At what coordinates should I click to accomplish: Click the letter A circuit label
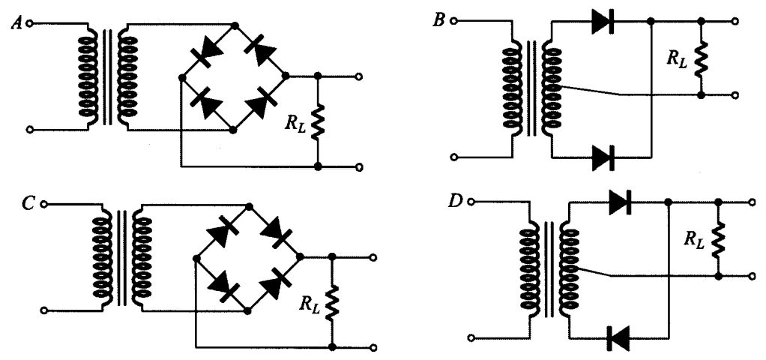pos(15,22)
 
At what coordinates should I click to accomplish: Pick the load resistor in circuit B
pos(701,59)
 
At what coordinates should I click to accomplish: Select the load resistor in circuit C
pos(331,302)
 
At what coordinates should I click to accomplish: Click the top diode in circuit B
pos(603,22)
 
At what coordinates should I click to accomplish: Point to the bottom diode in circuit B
pos(603,157)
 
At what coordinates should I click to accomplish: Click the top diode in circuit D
pos(619,202)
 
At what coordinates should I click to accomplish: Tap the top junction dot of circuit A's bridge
pos(235,25)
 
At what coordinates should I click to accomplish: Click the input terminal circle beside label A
pos(30,23)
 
